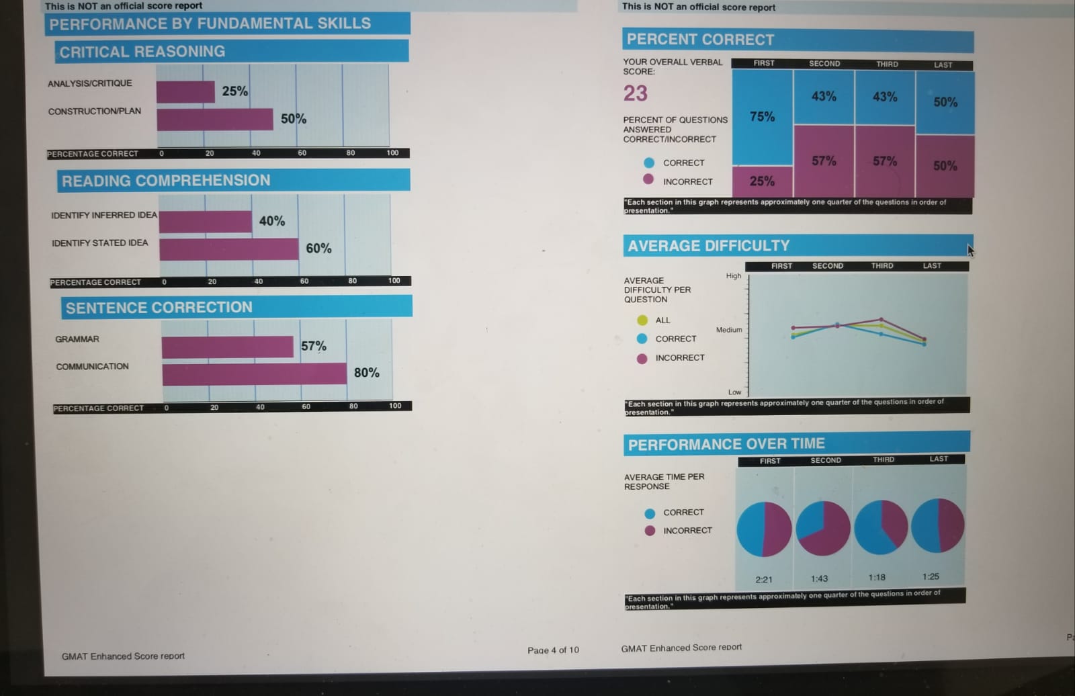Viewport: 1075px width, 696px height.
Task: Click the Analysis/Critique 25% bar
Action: [x=185, y=92]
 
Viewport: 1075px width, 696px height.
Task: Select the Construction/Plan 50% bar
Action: [x=215, y=120]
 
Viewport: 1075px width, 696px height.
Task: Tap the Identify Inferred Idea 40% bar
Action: [x=206, y=222]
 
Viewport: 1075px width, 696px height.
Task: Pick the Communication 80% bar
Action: [x=255, y=374]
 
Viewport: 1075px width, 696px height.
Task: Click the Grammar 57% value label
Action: [x=314, y=346]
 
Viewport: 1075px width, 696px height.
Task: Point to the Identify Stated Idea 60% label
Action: [x=318, y=249]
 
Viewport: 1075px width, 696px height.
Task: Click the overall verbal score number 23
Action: [x=635, y=93]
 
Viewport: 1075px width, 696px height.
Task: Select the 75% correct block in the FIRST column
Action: [x=763, y=117]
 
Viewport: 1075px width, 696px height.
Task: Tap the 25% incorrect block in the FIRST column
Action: [x=763, y=181]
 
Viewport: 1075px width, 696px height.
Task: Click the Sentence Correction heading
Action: [x=159, y=308]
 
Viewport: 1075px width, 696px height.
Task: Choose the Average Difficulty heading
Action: [x=709, y=246]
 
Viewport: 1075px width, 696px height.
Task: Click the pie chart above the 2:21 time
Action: [x=764, y=529]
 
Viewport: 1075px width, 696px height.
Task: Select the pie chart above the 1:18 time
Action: [x=881, y=527]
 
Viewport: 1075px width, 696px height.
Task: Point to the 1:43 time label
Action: [x=819, y=578]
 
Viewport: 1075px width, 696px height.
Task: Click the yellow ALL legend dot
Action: [x=642, y=320]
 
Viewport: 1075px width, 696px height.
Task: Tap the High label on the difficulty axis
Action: [x=733, y=276]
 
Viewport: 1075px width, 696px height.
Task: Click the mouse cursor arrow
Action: [x=971, y=250]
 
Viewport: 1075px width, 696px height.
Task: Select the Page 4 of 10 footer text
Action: [x=553, y=650]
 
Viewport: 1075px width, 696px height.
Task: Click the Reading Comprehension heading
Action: [x=166, y=181]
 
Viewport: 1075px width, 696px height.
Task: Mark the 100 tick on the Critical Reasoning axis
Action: [x=392, y=153]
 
